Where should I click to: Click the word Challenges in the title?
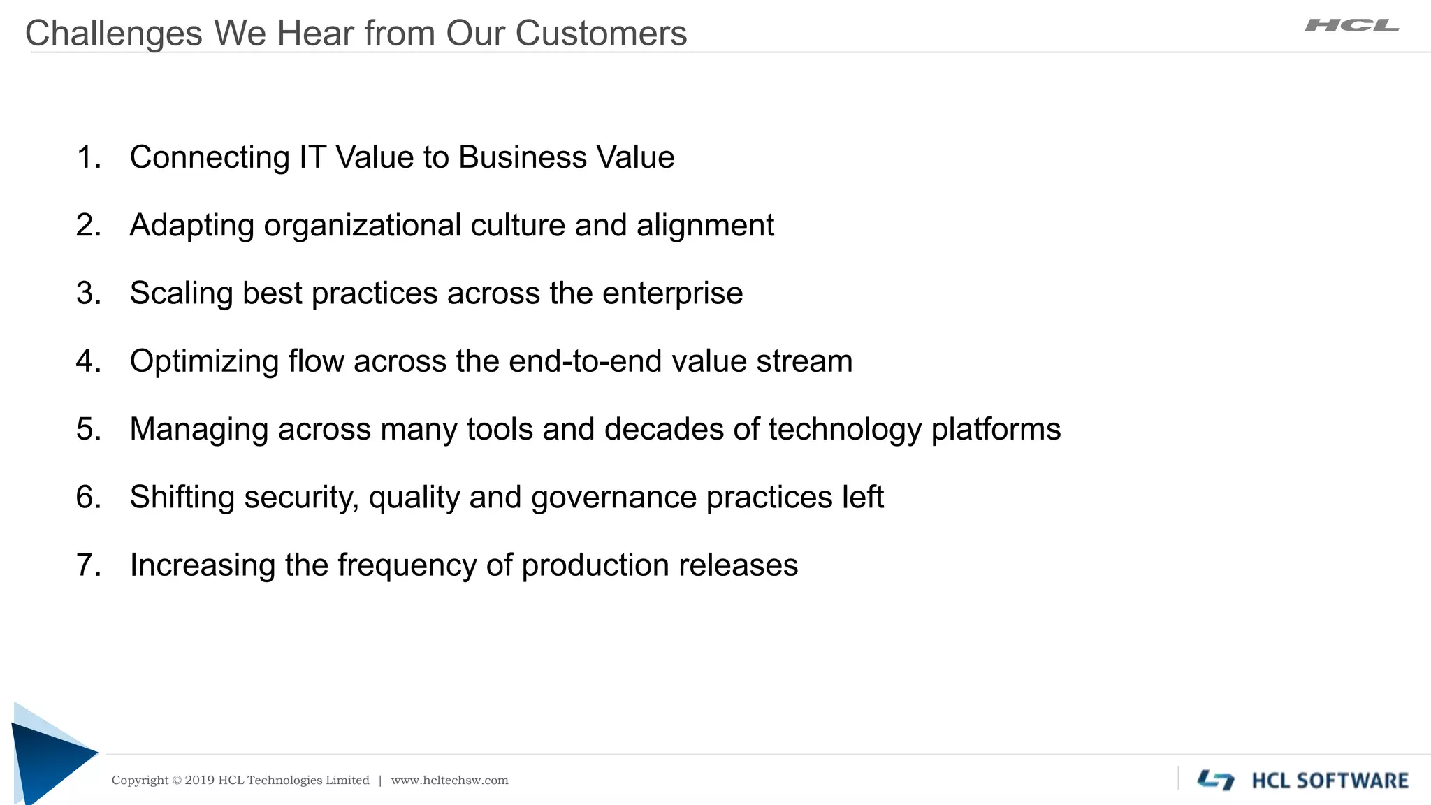click(113, 34)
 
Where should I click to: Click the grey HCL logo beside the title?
click(1351, 26)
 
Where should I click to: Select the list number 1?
click(88, 157)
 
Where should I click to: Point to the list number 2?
click(88, 225)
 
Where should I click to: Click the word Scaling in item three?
click(181, 293)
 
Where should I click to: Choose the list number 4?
click(88, 361)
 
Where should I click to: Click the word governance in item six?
click(613, 498)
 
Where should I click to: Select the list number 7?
click(88, 565)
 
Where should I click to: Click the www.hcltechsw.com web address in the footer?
click(449, 781)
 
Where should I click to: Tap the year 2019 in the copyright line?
click(199, 781)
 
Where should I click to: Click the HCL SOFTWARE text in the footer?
click(1330, 781)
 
